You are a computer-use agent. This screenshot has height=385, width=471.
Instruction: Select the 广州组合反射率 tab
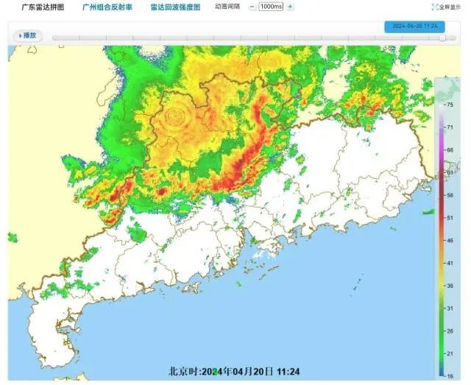(107, 7)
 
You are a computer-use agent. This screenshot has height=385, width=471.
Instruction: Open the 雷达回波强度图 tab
(175, 7)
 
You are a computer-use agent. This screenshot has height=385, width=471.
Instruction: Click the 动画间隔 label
(227, 7)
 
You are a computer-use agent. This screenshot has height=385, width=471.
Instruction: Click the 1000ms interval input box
(271, 7)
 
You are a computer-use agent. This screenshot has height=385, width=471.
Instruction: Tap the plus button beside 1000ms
(290, 7)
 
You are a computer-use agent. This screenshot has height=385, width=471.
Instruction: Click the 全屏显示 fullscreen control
(450, 7)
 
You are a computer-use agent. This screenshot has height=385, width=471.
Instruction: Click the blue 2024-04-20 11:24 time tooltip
(414, 25)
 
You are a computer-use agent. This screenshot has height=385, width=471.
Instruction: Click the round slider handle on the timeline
(442, 37)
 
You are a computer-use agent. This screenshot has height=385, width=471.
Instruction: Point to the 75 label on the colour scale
(450, 105)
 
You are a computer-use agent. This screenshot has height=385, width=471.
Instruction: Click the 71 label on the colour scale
(450, 127)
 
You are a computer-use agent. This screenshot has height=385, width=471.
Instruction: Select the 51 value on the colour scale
(450, 218)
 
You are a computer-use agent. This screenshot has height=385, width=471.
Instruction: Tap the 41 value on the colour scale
(450, 263)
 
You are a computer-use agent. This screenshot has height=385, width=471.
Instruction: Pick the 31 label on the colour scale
(450, 308)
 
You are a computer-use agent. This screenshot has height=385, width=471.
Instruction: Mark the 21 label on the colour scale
(450, 353)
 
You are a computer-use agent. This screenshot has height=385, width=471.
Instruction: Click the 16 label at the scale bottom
(450, 375)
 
